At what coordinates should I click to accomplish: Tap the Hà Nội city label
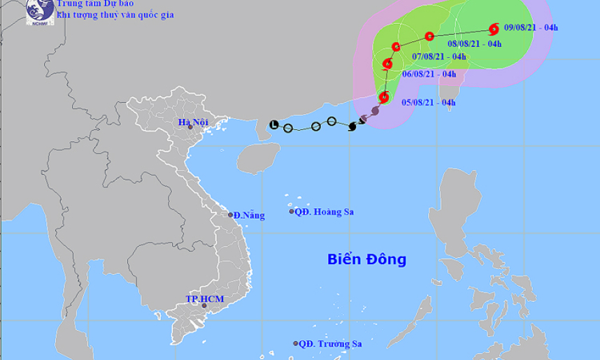[x=193, y=123]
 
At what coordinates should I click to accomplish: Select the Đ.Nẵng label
[x=249, y=215]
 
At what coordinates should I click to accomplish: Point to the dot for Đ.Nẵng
[x=231, y=215]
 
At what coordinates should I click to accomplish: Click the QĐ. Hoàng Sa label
[x=324, y=212]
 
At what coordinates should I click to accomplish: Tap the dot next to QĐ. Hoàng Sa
[x=292, y=212]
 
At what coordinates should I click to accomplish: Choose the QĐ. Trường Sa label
[x=330, y=344]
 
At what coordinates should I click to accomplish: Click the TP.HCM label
[x=200, y=298]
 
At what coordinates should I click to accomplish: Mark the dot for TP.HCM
[x=204, y=305]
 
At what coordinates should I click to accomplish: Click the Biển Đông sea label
[x=366, y=259]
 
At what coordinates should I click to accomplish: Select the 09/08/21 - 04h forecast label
[x=531, y=28]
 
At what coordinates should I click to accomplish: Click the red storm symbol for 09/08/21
[x=494, y=29]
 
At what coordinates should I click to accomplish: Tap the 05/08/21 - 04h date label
[x=429, y=103]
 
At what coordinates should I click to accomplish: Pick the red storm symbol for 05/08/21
[x=383, y=97]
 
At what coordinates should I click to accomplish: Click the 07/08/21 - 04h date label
[x=439, y=57]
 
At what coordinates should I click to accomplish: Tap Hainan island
[x=257, y=157]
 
